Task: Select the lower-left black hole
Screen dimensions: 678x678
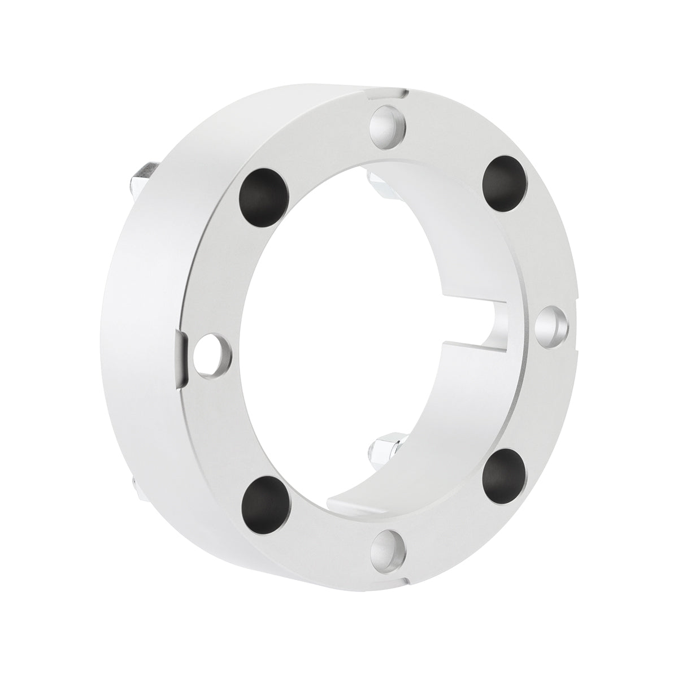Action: coord(264,497)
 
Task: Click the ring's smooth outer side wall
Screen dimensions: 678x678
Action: coord(147,339)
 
